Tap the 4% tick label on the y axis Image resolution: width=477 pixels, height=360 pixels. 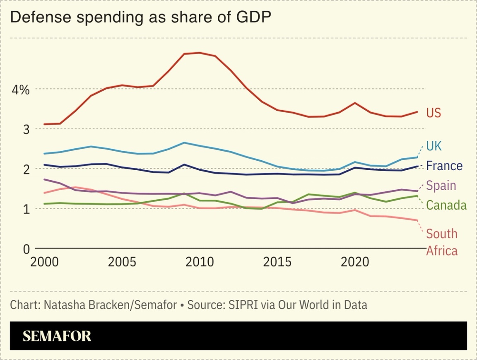point(19,89)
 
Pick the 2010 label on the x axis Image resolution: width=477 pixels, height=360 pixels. point(200,262)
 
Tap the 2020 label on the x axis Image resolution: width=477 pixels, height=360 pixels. point(354,262)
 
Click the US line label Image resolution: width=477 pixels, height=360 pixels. point(434,113)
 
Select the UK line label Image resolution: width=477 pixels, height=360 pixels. point(434,146)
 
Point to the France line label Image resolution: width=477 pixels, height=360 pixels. point(444,166)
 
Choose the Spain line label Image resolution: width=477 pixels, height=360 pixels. point(441,185)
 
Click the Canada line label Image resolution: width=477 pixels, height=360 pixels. point(446,205)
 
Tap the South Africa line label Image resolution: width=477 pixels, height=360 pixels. point(442,242)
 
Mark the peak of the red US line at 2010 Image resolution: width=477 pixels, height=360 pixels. point(200,53)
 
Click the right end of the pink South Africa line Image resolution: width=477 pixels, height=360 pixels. point(417,220)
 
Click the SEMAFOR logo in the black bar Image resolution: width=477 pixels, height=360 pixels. point(57,336)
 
